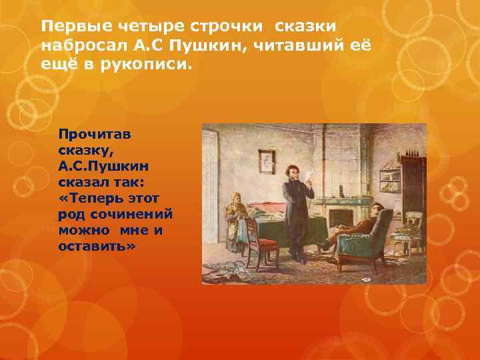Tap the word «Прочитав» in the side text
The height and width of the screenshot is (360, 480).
pyautogui.click(x=94, y=133)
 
